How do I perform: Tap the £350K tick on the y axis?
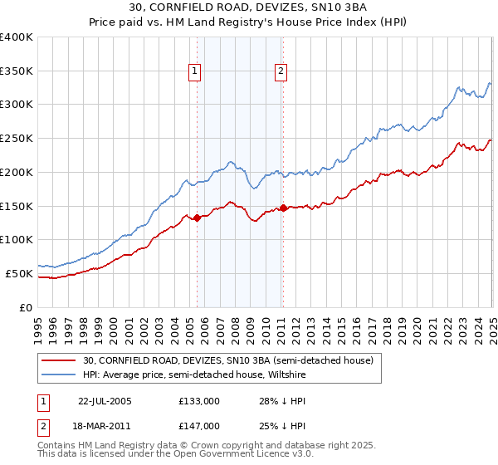click(x=17, y=71)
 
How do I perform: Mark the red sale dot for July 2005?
click(x=198, y=218)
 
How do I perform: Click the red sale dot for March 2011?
click(x=283, y=208)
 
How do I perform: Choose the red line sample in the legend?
click(x=59, y=360)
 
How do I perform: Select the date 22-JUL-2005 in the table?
click(x=105, y=400)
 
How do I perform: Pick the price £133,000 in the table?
click(x=199, y=400)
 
